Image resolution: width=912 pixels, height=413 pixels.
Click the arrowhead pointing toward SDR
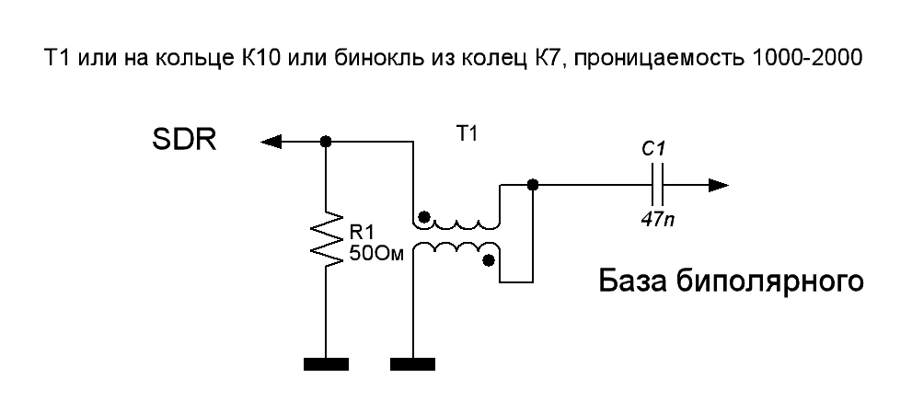[x=271, y=142]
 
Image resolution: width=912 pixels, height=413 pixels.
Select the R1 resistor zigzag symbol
[x=325, y=242]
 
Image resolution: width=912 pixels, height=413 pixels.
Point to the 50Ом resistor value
[x=372, y=252]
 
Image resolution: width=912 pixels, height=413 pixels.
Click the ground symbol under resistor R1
[x=326, y=364]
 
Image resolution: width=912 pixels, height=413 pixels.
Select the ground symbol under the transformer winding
[x=413, y=364]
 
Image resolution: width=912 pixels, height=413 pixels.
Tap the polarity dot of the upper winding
[x=423, y=219]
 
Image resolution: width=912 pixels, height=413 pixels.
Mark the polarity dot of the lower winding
[x=489, y=261]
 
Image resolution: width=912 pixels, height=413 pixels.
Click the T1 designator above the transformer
[x=467, y=134]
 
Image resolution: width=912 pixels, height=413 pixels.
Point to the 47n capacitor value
[x=656, y=221]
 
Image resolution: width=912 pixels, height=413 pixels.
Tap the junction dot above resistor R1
[x=326, y=142]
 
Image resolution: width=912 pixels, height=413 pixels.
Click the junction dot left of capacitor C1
[x=531, y=185]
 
